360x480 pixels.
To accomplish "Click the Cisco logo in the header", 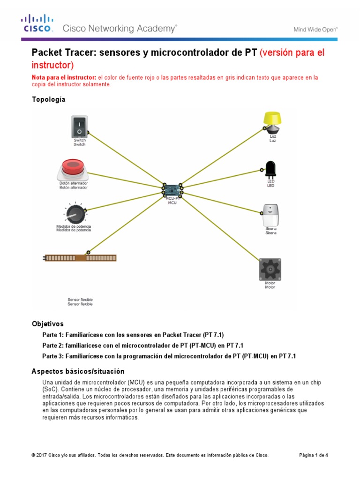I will [37, 24].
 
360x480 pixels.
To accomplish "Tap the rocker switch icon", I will [79, 126].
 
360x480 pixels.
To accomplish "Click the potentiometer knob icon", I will [75, 214].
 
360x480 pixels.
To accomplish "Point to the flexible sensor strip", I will [80, 258].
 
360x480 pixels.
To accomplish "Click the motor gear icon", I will [270, 269].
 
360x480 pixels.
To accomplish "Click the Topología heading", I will [48, 99].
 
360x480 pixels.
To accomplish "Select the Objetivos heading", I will [47, 324].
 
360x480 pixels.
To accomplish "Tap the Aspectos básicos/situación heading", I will [78, 371].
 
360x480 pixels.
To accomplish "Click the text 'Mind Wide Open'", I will [315, 29].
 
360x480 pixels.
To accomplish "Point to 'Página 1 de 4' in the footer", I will [314, 455].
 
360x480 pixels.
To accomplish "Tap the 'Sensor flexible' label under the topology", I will [80, 301].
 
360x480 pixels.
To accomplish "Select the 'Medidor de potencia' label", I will [74, 228].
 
